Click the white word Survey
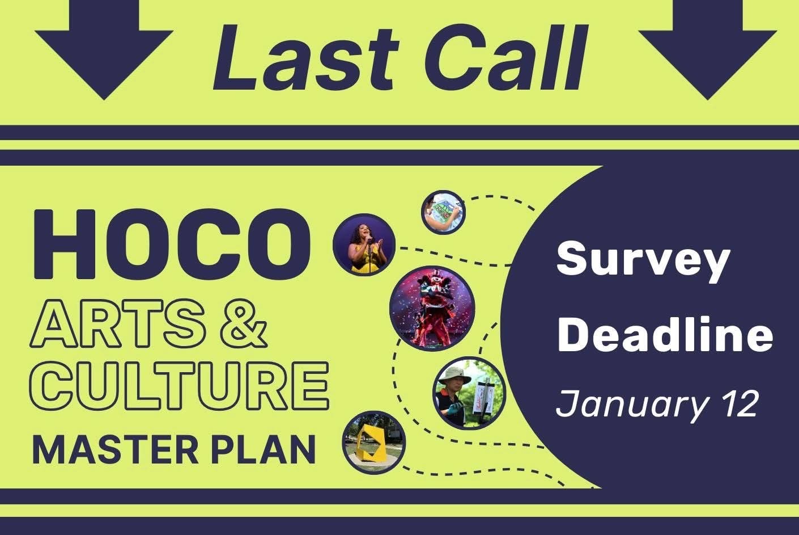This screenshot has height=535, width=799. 643,260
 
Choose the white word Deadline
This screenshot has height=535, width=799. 665,334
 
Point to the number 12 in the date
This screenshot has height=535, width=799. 739,404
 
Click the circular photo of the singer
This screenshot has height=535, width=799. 364,245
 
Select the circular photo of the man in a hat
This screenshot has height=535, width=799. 469,393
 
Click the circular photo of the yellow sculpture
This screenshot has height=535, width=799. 375,443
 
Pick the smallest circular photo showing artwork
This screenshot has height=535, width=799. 444,212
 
